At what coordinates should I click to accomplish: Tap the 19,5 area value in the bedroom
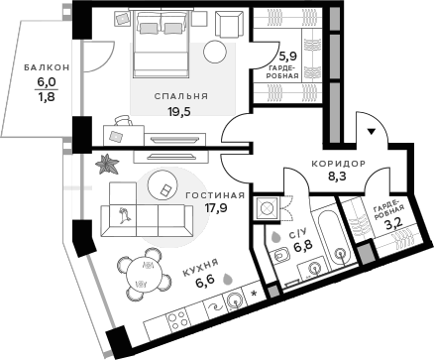(179, 112)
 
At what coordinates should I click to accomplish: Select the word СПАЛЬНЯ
(179, 97)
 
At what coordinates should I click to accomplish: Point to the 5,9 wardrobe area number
(287, 57)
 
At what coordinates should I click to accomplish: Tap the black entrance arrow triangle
(372, 131)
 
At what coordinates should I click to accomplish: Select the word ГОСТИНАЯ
(206, 195)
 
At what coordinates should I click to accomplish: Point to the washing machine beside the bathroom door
(267, 208)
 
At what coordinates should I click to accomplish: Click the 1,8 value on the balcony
(47, 96)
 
